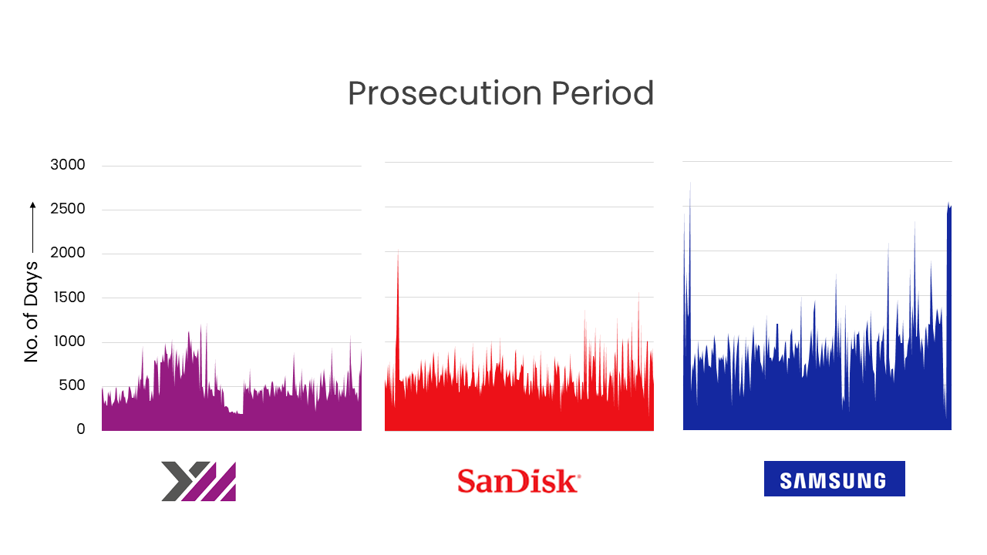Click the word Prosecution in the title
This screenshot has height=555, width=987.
[x=444, y=94]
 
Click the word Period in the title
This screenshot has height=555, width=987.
[x=601, y=94]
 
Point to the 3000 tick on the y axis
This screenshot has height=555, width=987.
[x=68, y=165]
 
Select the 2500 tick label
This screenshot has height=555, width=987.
[x=68, y=209]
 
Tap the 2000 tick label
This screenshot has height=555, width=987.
[x=68, y=253]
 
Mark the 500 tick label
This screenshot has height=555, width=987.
[x=72, y=385]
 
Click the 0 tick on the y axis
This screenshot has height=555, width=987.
[x=80, y=429]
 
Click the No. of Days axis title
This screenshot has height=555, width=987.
[x=31, y=312]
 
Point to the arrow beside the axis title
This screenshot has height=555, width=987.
[x=32, y=227]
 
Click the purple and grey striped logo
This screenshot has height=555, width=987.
[x=198, y=481]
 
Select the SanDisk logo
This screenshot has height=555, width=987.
[x=518, y=480]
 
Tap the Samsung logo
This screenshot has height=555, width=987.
[x=834, y=479]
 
